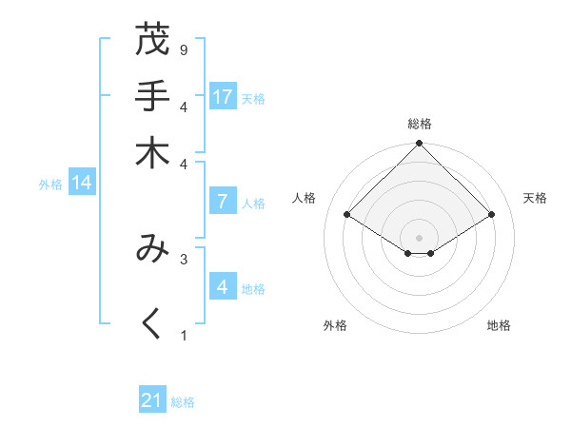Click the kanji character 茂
point(152,41)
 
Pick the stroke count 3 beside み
point(183,258)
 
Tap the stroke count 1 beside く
point(183,335)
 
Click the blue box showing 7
point(223,201)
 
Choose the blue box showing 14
point(82,183)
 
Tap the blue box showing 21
point(152,400)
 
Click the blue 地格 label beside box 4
point(254,289)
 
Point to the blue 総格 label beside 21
point(183,402)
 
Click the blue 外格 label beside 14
point(50,185)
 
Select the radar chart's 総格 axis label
point(420,124)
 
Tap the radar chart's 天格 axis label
point(536,198)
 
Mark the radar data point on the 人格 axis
point(347,215)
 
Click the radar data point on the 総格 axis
point(420,144)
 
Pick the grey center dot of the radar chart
point(420,237)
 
